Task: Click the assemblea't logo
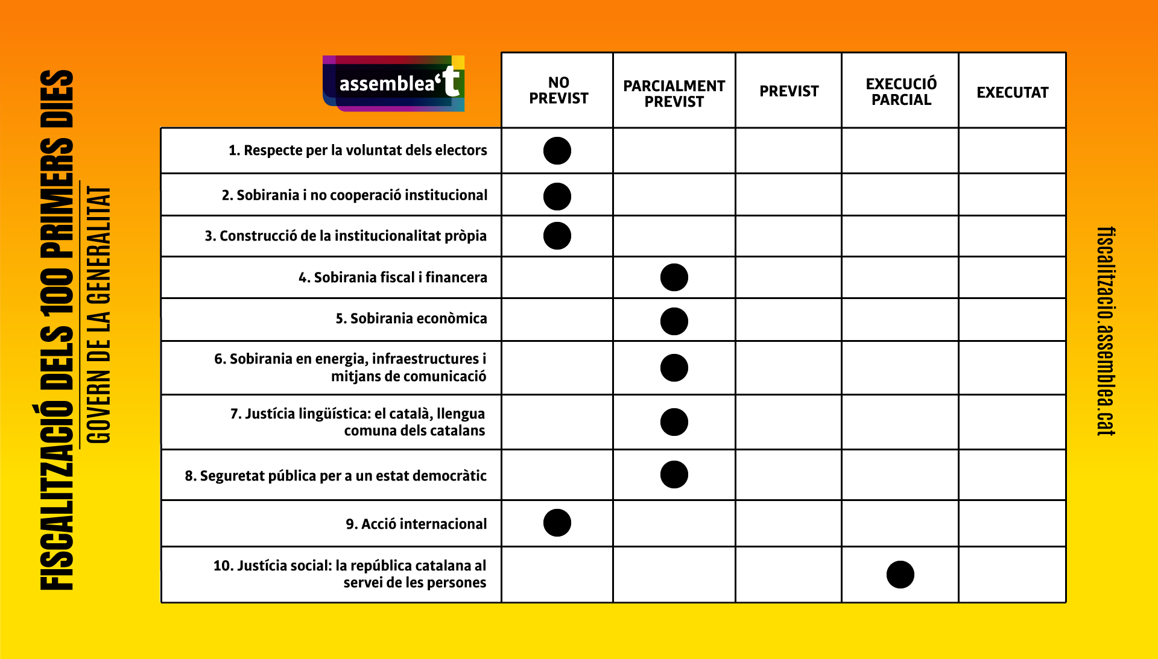[x=394, y=83]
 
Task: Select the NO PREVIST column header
[x=558, y=90]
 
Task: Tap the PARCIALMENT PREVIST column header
[x=674, y=93]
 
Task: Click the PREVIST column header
[x=789, y=91]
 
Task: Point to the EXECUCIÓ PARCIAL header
[x=901, y=92]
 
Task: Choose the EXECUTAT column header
[x=1013, y=92]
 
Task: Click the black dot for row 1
[x=557, y=151]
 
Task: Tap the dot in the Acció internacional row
[x=557, y=523]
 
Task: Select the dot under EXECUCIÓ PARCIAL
[x=900, y=575]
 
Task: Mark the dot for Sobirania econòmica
[x=674, y=321]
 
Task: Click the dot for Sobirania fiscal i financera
[x=674, y=277]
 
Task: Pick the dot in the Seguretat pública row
[x=674, y=475]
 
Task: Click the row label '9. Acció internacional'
[x=416, y=524]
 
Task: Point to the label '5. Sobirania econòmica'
[x=411, y=318]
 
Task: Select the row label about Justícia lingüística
[x=357, y=422]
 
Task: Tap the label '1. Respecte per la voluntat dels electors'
[x=358, y=150]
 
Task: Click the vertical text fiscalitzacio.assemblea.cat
[x=1106, y=331]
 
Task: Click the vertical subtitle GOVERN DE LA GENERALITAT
[x=98, y=314]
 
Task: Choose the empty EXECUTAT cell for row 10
[x=1012, y=575]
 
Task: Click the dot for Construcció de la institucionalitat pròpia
[x=557, y=236]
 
